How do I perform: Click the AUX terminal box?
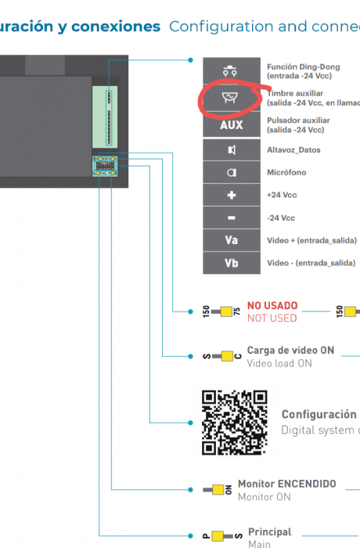tap(232, 125)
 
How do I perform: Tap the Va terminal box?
tap(232, 240)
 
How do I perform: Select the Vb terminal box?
tap(232, 263)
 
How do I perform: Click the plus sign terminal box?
tap(232, 194)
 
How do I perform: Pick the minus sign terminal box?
tap(232, 218)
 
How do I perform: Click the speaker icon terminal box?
tap(232, 150)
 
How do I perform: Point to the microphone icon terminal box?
tap(232, 172)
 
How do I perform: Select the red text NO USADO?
tap(272, 306)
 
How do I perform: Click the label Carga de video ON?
tap(290, 350)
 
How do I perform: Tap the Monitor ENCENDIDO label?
tap(286, 484)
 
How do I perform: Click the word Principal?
tap(269, 532)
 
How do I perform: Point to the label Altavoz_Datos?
tap(293, 150)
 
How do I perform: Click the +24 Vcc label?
tap(281, 195)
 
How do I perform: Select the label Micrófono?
tap(286, 172)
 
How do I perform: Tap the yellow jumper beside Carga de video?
tap(227, 356)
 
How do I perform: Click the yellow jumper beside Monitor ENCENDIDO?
tap(218, 490)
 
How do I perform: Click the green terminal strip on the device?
tap(106, 116)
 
